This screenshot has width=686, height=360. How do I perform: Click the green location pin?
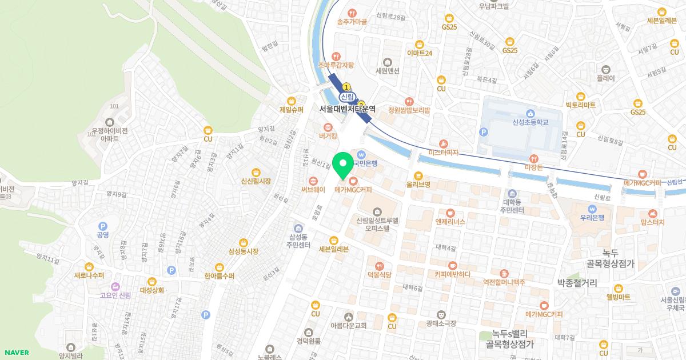pyautogui.click(x=342, y=166)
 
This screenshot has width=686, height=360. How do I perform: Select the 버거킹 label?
pyautogui.click(x=328, y=136)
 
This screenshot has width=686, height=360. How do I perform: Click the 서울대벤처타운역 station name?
pyautogui.click(x=348, y=109)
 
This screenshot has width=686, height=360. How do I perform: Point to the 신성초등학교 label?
pyautogui.click(x=530, y=122)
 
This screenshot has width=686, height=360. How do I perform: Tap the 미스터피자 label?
pyautogui.click(x=444, y=153)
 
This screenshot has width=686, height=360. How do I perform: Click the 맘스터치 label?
pyautogui.click(x=652, y=222)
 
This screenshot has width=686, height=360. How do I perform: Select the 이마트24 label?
pyautogui.click(x=420, y=53)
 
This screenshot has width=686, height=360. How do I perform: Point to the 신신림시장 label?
pyautogui.click(x=256, y=181)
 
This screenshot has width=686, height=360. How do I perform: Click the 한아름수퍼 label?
pyautogui.click(x=220, y=275)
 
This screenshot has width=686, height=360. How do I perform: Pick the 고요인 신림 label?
pyautogui.click(x=115, y=295)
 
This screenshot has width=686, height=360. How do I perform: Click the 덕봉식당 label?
pyautogui.click(x=379, y=275)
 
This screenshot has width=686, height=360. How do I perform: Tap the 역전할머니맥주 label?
pyautogui.click(x=504, y=282)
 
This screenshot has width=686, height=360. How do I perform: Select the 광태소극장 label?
pyautogui.click(x=441, y=323)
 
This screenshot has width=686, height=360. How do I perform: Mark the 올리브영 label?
pyautogui.click(x=418, y=185)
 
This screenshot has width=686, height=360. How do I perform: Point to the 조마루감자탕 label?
pyautogui.click(x=336, y=65)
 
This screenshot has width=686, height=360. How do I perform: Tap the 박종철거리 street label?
pyautogui.click(x=577, y=282)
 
